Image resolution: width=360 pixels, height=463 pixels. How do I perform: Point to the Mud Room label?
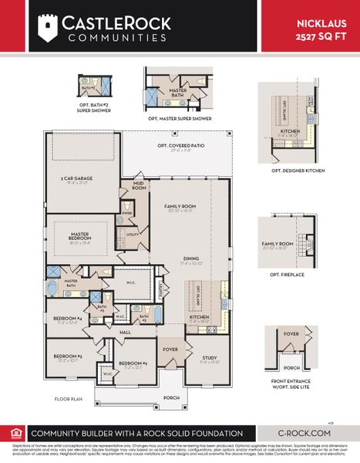(139, 185)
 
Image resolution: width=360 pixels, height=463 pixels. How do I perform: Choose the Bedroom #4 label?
(68, 319)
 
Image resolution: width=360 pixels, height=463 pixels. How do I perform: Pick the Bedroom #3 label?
(68, 356)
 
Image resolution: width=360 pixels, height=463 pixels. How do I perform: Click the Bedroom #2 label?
(133, 363)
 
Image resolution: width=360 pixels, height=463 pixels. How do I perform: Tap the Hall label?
(126, 332)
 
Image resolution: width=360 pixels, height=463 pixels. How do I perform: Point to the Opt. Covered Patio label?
(180, 145)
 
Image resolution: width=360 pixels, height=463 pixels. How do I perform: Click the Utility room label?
(132, 235)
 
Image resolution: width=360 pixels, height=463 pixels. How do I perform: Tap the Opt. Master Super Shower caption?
(180, 119)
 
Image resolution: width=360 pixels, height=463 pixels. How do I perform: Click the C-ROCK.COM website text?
(305, 434)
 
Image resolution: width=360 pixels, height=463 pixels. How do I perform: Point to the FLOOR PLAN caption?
(68, 399)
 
